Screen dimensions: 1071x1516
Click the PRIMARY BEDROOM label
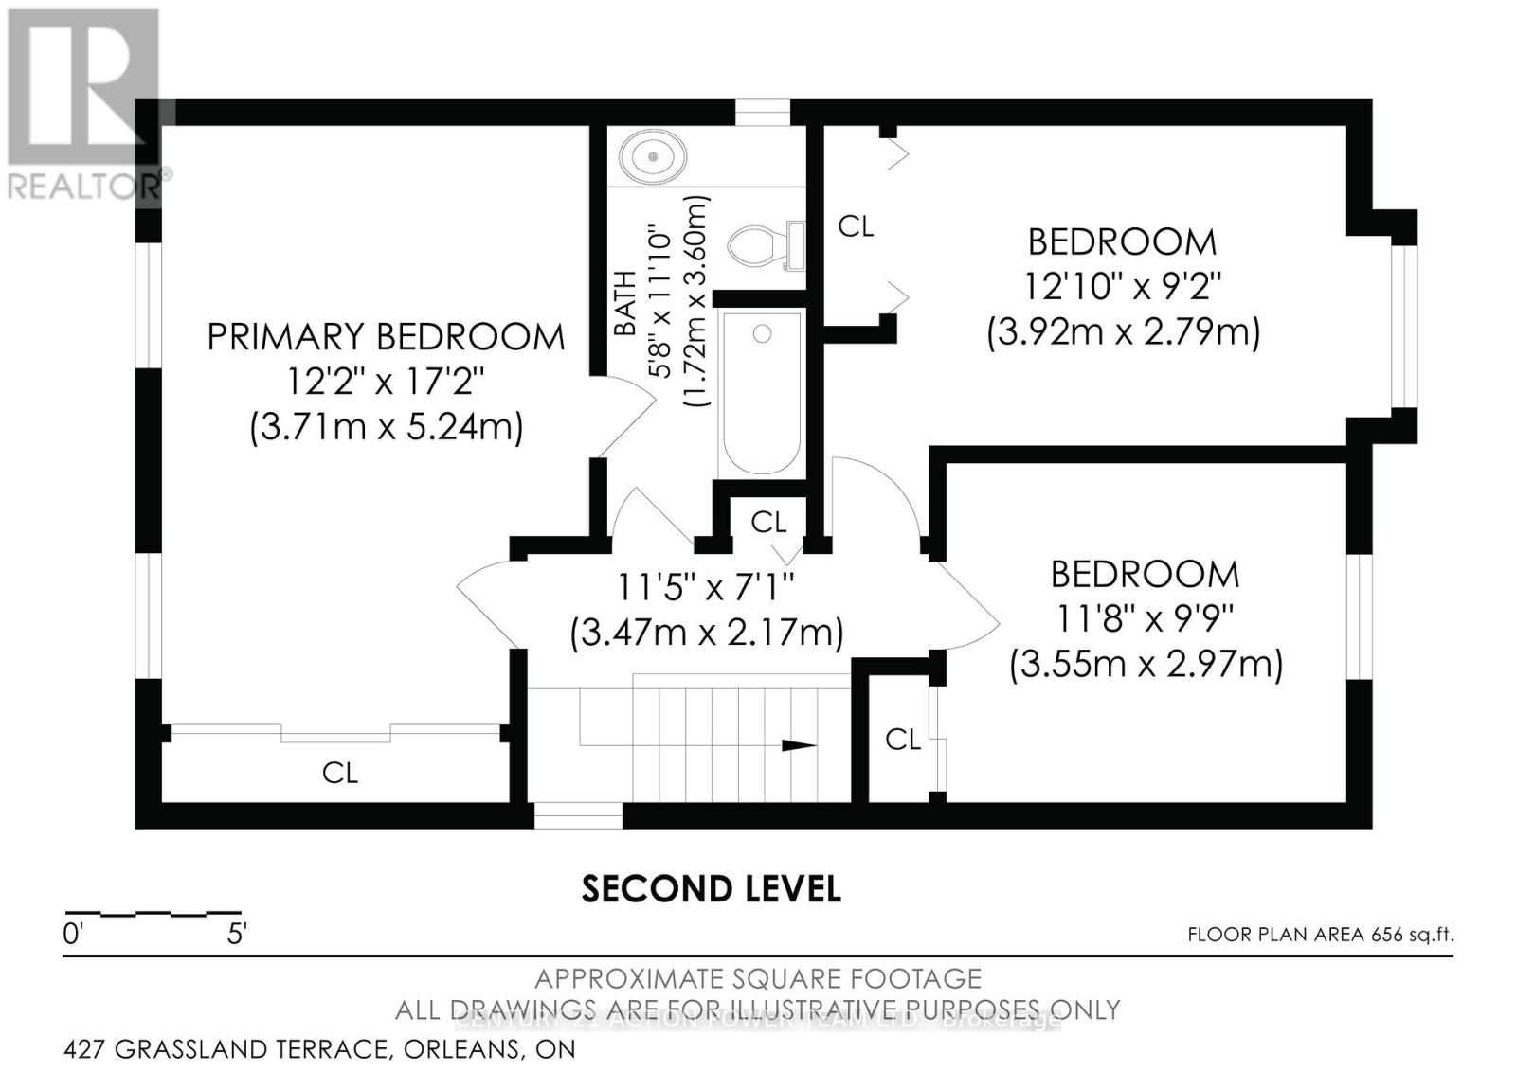(386, 336)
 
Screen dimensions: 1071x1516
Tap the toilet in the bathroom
(764, 245)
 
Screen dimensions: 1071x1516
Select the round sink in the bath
(653, 155)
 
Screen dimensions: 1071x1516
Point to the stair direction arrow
(798, 745)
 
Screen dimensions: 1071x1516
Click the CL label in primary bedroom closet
(339, 773)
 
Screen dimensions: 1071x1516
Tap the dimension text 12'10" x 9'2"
(1122, 285)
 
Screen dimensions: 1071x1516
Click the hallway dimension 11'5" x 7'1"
(705, 587)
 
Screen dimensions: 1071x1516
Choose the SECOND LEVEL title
(711, 888)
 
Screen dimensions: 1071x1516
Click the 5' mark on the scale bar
(237, 935)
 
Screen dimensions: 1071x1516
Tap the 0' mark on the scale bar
(73, 935)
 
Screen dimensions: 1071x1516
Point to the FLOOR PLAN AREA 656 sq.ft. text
(1320, 935)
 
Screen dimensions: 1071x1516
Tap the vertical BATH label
(625, 303)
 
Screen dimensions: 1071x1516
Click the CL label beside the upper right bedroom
(856, 225)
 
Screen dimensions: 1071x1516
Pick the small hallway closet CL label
(767, 521)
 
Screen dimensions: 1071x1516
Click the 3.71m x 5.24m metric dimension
(386, 427)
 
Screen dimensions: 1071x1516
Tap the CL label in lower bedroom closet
(902, 739)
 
